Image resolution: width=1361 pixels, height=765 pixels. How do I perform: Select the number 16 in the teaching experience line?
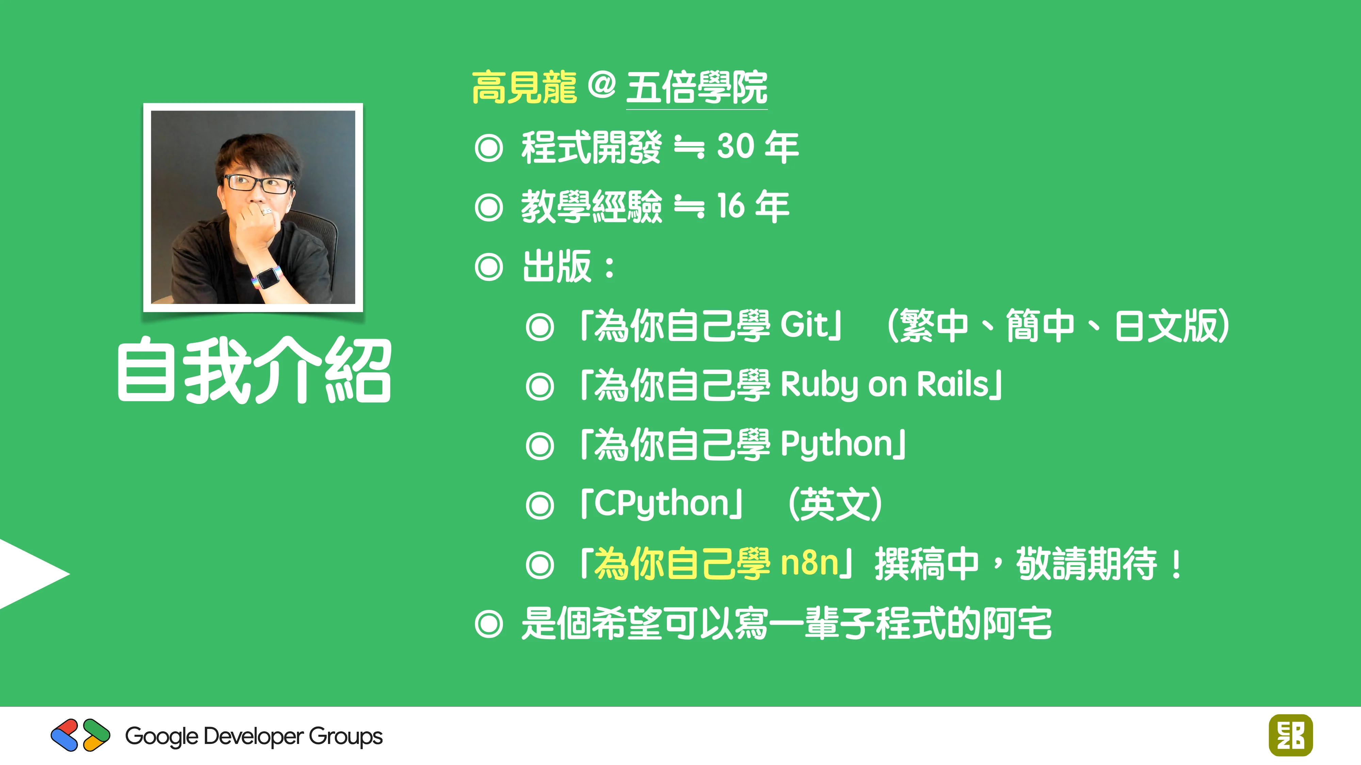point(731,206)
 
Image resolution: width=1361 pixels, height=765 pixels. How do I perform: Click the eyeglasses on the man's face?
point(258,184)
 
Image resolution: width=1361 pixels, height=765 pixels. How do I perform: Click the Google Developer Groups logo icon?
point(80,735)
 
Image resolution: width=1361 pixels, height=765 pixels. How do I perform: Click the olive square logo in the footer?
point(1290,735)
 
